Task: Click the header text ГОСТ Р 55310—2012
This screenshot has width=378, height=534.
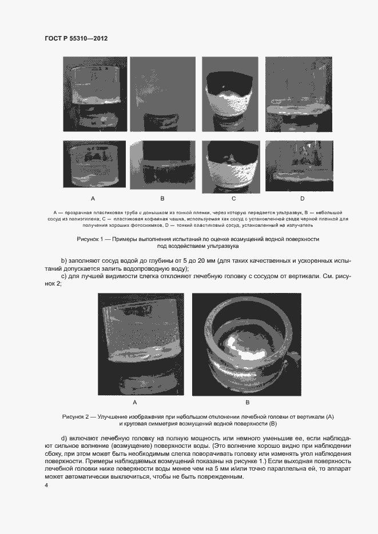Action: (x=76, y=39)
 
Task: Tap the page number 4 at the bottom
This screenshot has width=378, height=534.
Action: (x=46, y=485)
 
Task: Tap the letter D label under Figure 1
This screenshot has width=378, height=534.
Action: (x=302, y=199)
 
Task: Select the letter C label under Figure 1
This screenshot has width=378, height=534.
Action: (x=233, y=199)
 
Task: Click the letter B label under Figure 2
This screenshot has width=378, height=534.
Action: (x=246, y=401)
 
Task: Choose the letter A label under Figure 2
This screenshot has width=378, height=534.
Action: (x=134, y=401)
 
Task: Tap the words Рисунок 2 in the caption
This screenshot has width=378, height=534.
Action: (x=78, y=417)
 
